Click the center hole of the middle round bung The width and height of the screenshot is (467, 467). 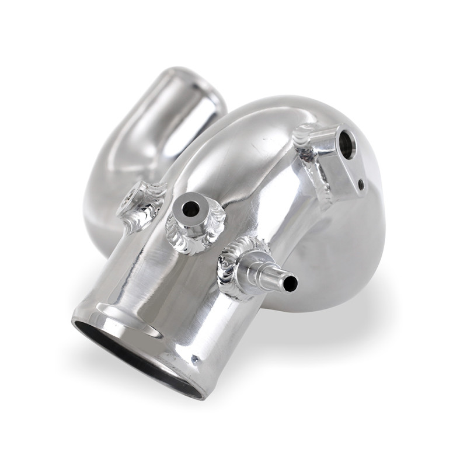click(x=191, y=208)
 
